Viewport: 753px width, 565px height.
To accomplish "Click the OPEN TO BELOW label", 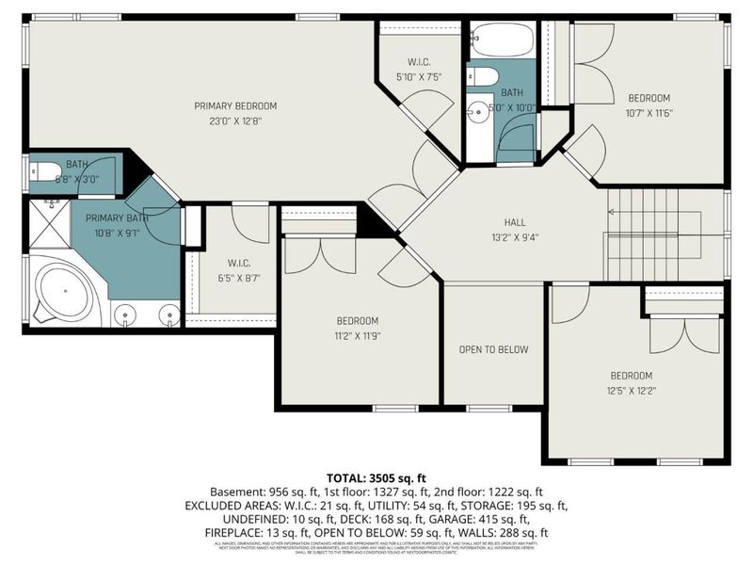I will click(493, 349).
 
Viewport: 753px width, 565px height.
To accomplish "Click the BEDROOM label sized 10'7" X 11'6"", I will click(649, 98).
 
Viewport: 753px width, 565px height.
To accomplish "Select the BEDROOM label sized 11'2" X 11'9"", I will click(358, 320).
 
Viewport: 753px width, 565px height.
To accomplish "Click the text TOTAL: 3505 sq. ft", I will click(376, 478).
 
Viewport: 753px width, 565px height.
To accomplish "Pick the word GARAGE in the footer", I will click(484, 518).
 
